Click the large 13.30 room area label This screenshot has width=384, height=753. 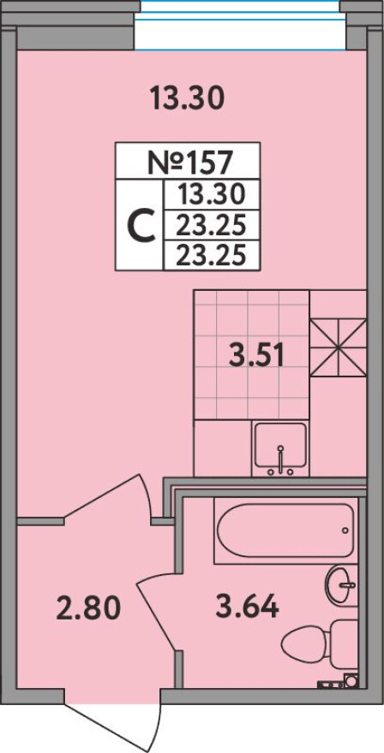click(x=187, y=98)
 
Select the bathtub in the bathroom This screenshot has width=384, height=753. click(x=285, y=531)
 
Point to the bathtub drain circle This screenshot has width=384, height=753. click(x=345, y=531)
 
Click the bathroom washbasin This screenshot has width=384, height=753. click(x=341, y=585)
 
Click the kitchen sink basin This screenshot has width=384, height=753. click(x=280, y=445)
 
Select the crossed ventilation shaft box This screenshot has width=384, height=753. click(x=338, y=347)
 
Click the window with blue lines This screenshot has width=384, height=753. click(x=240, y=25)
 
